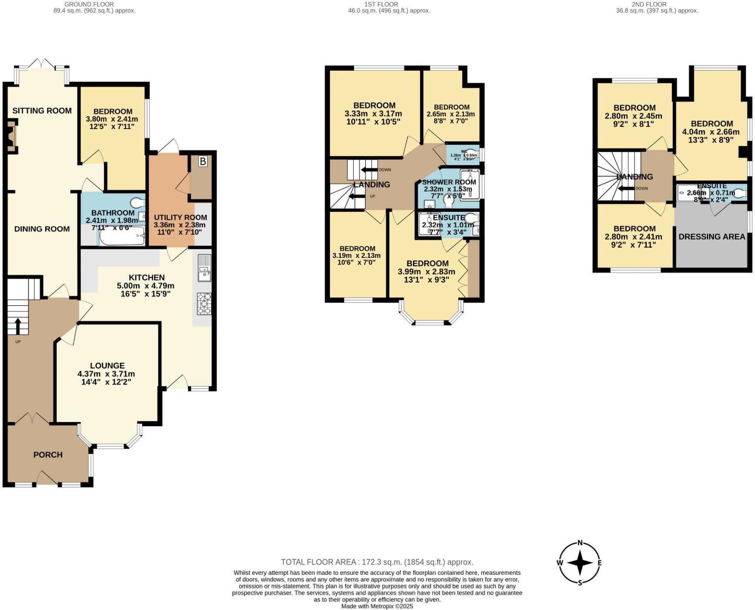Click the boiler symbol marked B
pyautogui.click(x=203, y=161)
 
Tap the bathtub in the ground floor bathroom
pyautogui.click(x=121, y=236)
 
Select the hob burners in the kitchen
pyautogui.click(x=204, y=304)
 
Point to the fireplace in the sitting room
pyautogui.click(x=12, y=136)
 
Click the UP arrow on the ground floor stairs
pyautogui.click(x=17, y=324)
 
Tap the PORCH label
pyautogui.click(x=48, y=455)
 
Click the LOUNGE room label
pyautogui.click(x=107, y=366)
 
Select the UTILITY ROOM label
pyautogui.click(x=180, y=217)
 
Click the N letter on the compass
pyautogui.click(x=580, y=543)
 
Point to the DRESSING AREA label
pyautogui.click(x=712, y=237)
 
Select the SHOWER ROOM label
pyautogui.click(x=449, y=182)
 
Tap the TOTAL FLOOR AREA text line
pyautogui.click(x=377, y=562)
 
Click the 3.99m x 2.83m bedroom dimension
pyautogui.click(x=426, y=272)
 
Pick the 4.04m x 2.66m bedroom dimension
pyautogui.click(x=711, y=132)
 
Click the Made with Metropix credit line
pyautogui.click(x=377, y=606)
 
